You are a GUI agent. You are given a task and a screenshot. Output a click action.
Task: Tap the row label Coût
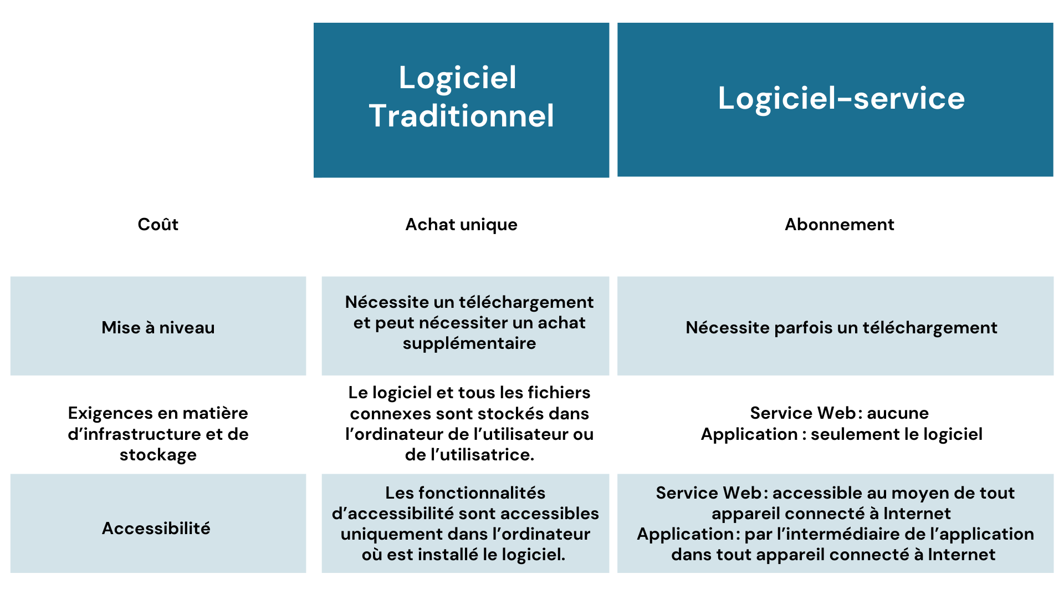158,225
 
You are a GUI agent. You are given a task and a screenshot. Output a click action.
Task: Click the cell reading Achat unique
461,225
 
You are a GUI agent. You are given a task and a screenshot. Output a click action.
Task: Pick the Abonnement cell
839,225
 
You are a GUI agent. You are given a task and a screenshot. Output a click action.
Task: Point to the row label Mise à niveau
158,328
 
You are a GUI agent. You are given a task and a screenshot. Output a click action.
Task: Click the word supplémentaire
469,343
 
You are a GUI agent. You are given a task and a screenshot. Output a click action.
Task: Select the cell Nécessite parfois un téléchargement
841,328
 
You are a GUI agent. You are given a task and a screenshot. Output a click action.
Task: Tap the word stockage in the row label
158,455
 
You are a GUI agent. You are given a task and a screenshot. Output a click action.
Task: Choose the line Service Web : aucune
839,413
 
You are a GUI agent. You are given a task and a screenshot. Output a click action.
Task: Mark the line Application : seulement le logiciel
841,434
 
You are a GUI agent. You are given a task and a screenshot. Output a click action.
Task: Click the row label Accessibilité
156,529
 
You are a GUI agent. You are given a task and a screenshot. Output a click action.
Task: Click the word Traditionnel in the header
461,116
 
